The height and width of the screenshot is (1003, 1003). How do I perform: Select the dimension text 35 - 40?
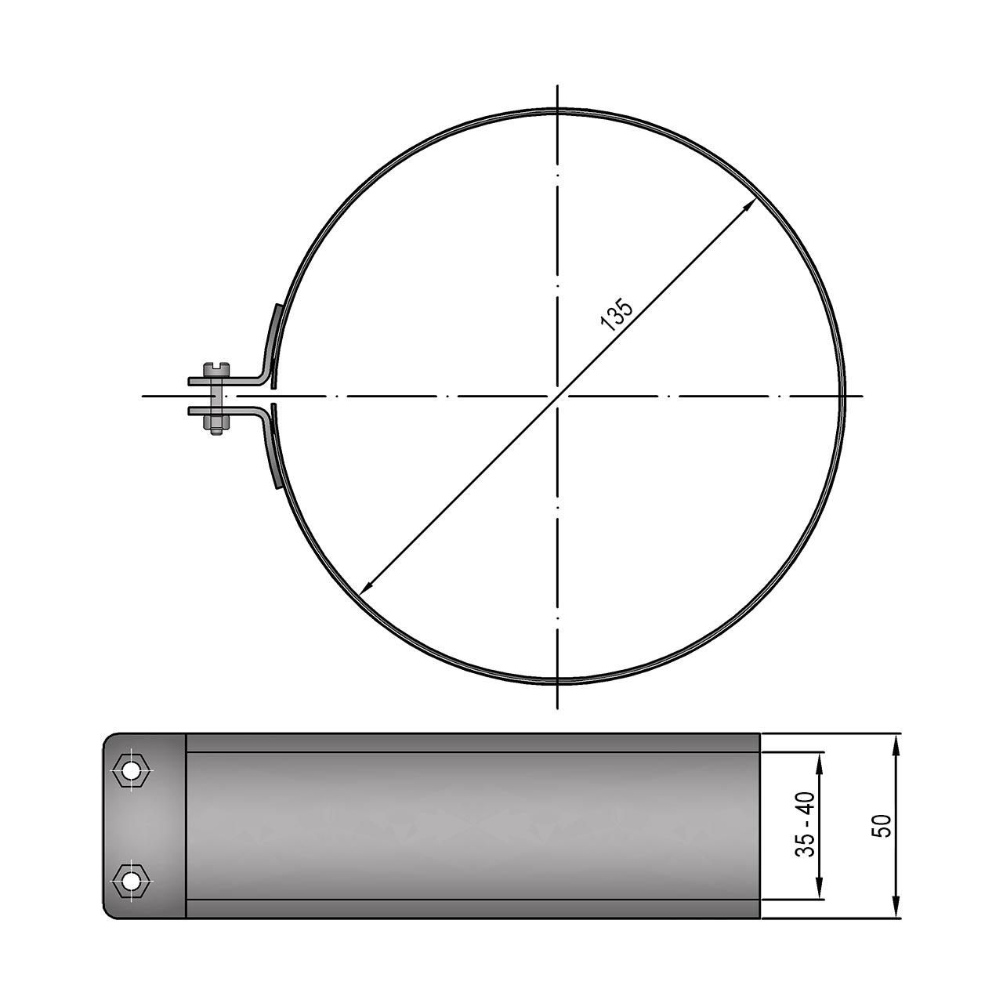(x=806, y=824)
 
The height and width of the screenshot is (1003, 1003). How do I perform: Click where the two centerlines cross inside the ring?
(x=557, y=396)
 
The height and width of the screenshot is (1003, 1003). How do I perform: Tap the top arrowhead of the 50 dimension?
(x=895, y=741)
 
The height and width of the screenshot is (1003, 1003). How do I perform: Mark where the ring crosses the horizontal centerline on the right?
(x=843, y=396)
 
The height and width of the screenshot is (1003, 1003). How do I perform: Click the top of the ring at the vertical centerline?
(x=557, y=110)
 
